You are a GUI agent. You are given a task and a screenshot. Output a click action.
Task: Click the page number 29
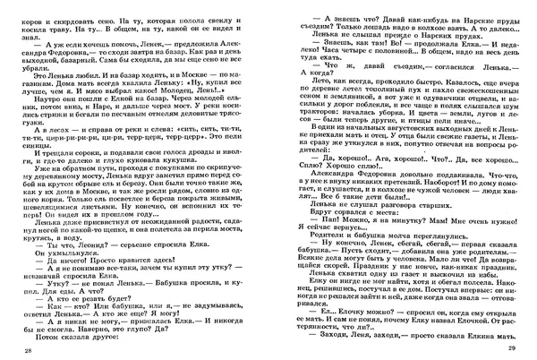[512, 347]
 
